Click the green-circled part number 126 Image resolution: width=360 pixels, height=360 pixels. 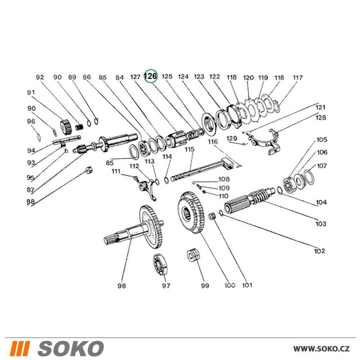coord(151,76)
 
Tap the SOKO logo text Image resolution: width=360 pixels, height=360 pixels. coord(71,348)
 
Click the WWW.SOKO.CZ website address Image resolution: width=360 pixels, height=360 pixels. coord(321,348)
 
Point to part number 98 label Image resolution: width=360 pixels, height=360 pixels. coord(122,286)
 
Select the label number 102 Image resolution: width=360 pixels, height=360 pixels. coord(319,251)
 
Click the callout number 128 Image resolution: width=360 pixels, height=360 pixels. coord(321,117)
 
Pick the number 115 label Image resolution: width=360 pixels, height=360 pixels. coord(189,149)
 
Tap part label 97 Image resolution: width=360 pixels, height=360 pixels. coord(166,286)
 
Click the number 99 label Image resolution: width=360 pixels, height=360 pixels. coord(204,286)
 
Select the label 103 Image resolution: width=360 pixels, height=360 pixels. coord(320,224)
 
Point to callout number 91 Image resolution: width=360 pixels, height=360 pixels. coord(31,93)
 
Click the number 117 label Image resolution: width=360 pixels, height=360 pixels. coord(298,77)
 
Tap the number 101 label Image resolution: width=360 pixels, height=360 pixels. coord(247,285)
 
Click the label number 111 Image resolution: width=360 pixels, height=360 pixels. coord(116,171)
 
